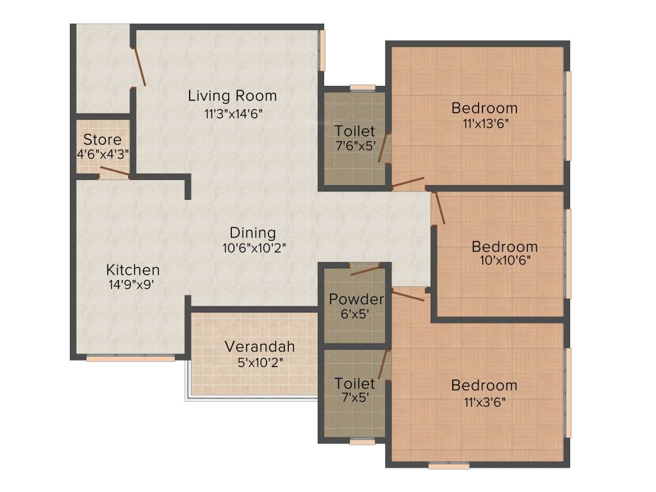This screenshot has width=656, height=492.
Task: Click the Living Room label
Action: (232, 96)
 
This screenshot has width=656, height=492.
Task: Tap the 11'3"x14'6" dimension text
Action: (233, 114)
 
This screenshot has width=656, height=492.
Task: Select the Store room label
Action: (102, 139)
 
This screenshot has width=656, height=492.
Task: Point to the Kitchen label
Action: (133, 270)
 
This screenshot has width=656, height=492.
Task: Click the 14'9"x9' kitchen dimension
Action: (131, 285)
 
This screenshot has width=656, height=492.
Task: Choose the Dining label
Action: (252, 233)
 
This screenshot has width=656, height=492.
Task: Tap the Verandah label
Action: (259, 347)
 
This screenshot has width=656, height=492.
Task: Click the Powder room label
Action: (356, 299)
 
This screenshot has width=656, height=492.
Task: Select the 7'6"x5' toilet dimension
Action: (355, 146)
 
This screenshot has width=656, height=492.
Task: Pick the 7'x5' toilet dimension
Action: (355, 397)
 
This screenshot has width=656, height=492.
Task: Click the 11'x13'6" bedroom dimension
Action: (486, 124)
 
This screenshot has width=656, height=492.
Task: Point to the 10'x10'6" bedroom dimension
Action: (505, 260)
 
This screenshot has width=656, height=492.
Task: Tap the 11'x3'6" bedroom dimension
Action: (484, 402)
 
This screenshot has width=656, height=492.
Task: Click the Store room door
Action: (115, 172)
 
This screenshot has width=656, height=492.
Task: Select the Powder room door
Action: (366, 270)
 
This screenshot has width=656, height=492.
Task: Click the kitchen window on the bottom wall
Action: (131, 359)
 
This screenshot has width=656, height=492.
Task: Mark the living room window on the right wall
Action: (322, 51)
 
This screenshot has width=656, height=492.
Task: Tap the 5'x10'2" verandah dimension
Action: (260, 363)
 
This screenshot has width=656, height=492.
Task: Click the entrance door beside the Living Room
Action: (139, 67)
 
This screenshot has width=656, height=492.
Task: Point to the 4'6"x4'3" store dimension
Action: (102, 154)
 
